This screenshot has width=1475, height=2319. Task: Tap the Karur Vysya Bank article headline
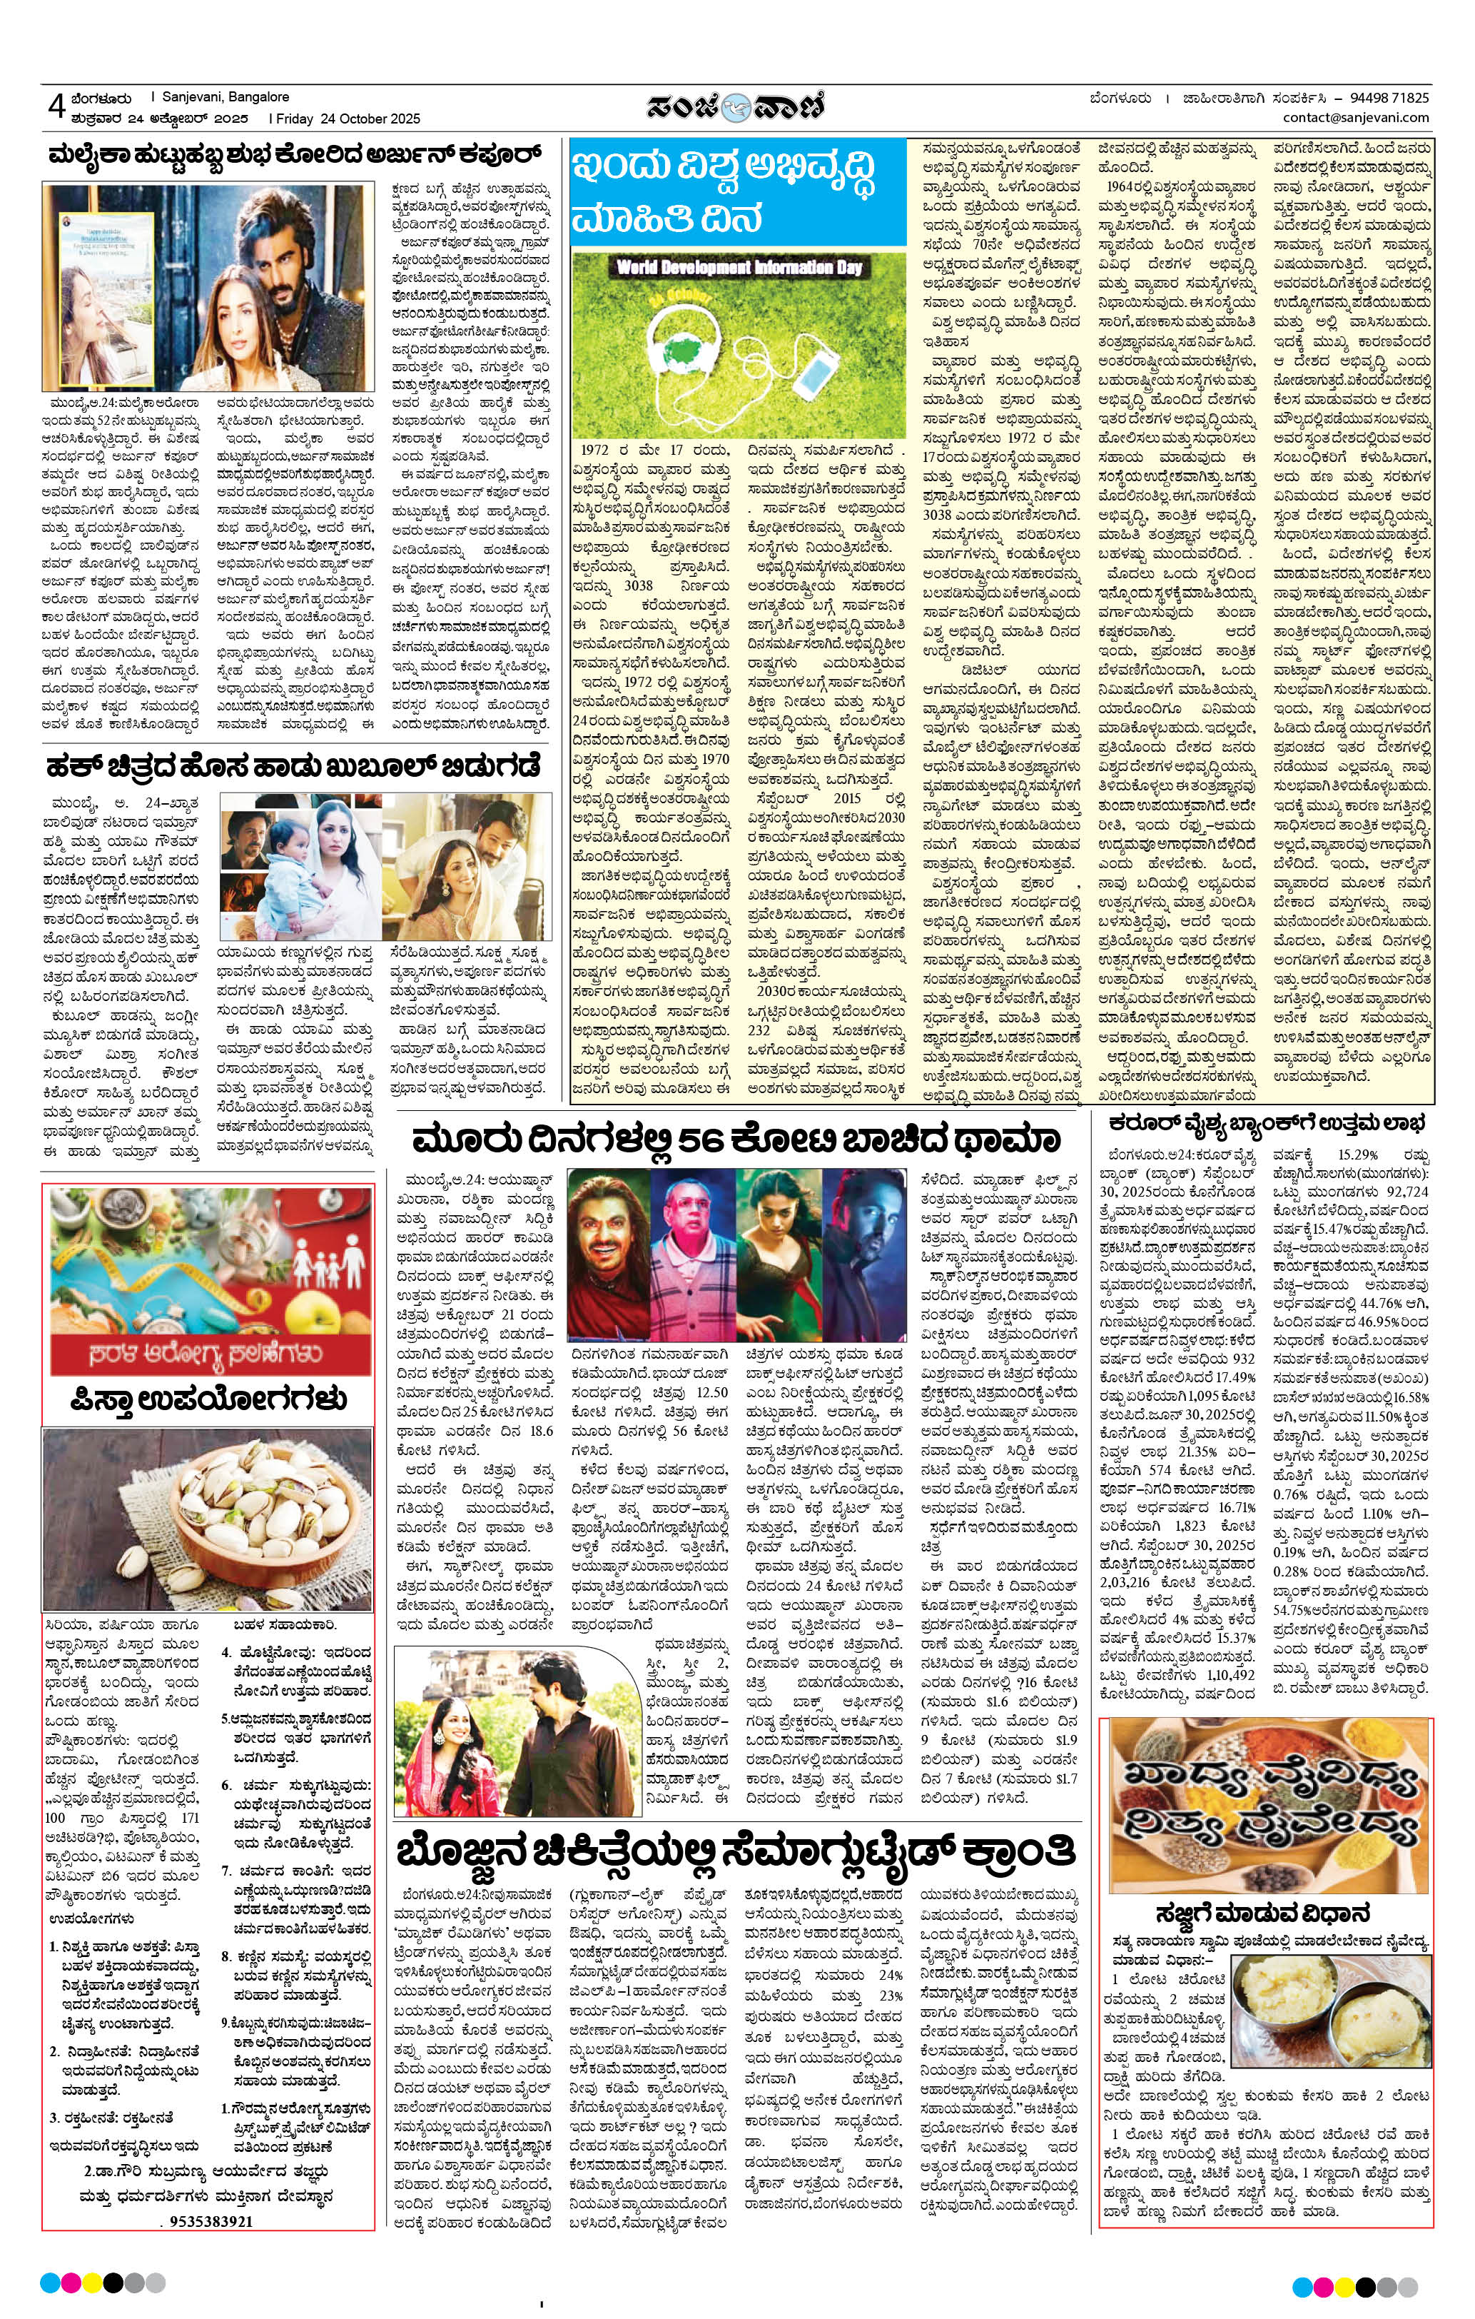click(x=1269, y=1123)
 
